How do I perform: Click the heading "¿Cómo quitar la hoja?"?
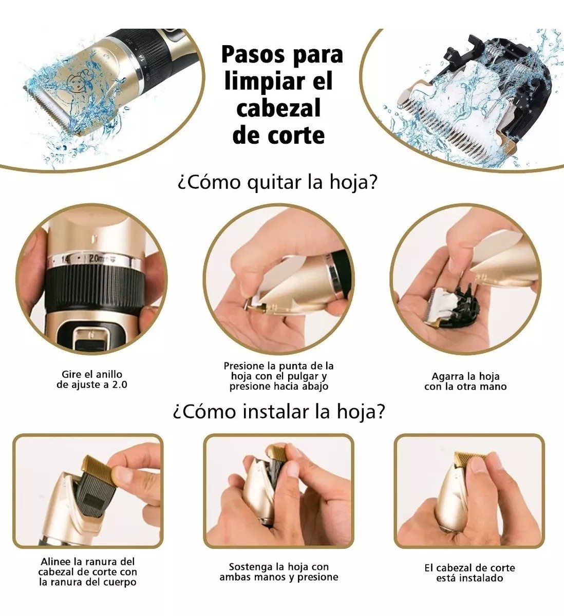[277, 182]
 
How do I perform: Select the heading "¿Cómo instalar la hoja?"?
[278, 412]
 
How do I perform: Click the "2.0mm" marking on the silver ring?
[98, 259]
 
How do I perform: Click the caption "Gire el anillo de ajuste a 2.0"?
[92, 379]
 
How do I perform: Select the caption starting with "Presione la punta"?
[278, 376]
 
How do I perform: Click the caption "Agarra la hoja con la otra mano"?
[465, 381]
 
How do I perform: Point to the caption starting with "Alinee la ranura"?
[88, 571]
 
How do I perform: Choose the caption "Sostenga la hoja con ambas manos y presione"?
[278, 572]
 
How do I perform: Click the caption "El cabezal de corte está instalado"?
[469, 573]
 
